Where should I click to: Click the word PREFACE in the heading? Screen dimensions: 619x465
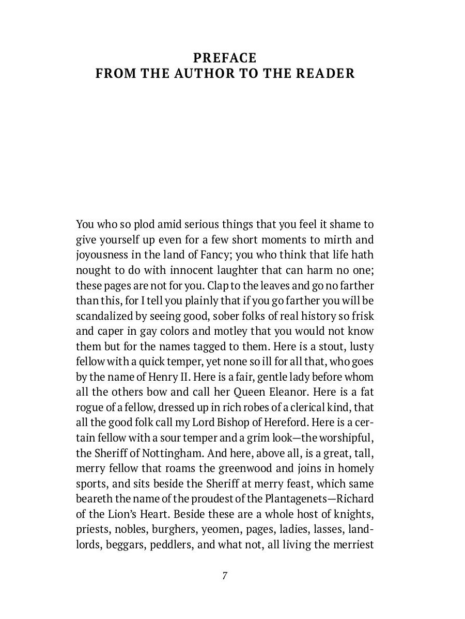point(224,57)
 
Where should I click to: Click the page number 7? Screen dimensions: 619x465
point(225,576)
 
